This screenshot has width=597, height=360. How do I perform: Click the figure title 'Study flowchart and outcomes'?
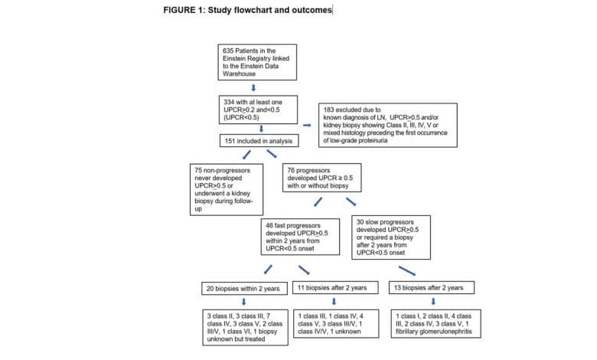point(270,10)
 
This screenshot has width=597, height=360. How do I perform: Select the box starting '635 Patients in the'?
point(257,62)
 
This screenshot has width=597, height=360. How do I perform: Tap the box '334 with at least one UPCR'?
point(258,110)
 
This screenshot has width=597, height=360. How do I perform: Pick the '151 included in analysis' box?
point(259,141)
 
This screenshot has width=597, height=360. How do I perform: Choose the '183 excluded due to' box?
point(387,125)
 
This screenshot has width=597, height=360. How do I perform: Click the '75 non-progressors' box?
point(227,190)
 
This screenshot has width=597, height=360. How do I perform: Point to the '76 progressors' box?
point(321,178)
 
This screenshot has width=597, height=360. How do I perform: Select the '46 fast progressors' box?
point(300,237)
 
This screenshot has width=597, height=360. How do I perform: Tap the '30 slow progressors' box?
point(391,237)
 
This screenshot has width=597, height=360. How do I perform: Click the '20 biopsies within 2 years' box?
point(244,288)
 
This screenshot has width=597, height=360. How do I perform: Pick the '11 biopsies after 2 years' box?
point(335,288)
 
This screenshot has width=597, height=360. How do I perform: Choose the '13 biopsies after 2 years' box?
point(432,288)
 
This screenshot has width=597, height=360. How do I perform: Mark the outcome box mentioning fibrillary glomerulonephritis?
point(436,324)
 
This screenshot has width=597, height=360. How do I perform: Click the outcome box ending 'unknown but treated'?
point(245,328)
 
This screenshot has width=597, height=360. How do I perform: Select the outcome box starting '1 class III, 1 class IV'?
point(336,324)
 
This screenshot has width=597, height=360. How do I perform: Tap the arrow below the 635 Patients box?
point(253,88)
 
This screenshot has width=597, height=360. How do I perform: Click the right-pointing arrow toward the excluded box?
point(307,125)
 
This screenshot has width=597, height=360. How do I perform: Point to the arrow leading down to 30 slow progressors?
point(351,201)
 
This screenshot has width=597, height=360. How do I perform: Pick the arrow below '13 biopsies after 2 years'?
point(433,302)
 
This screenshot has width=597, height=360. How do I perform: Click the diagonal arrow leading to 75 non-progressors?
point(246,154)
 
